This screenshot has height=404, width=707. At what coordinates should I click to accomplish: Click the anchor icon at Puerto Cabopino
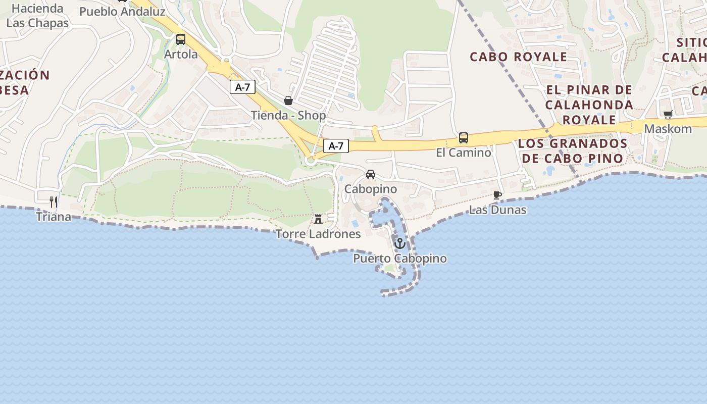pyautogui.click(x=399, y=243)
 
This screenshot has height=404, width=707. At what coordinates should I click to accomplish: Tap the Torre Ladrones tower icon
pyautogui.click(x=318, y=219)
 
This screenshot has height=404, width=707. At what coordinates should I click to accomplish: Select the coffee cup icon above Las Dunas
pyautogui.click(x=497, y=195)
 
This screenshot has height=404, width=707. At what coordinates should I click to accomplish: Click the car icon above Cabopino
pyautogui.click(x=371, y=174)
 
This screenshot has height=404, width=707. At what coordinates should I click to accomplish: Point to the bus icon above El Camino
pyautogui.click(x=463, y=137)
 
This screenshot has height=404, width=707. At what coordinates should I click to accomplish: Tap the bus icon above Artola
pyautogui.click(x=180, y=39)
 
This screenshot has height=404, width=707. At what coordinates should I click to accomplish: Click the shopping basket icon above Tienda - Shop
pyautogui.click(x=288, y=100)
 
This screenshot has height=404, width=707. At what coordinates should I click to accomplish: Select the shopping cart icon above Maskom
pyautogui.click(x=668, y=114)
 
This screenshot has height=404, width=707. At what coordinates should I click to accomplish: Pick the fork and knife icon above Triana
pyautogui.click(x=53, y=202)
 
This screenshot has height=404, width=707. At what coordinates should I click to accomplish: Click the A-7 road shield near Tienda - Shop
pyautogui.click(x=243, y=87)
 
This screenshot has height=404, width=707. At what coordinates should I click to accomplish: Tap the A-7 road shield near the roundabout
pyautogui.click(x=336, y=146)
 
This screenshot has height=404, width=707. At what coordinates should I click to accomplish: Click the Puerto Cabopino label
pyautogui.click(x=399, y=259)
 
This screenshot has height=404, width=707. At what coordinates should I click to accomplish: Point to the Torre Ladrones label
pyautogui.click(x=318, y=234)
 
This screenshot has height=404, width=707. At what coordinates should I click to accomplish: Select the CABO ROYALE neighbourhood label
pyautogui.click(x=519, y=57)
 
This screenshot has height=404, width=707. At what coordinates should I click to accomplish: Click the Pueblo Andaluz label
pyautogui.click(x=123, y=11)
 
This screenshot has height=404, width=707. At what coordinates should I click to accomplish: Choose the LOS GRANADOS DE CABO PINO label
pyautogui.click(x=573, y=150)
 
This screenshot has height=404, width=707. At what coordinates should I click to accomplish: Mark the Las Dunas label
pyautogui.click(x=497, y=210)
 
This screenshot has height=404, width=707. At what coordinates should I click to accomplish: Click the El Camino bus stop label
pyautogui.click(x=463, y=152)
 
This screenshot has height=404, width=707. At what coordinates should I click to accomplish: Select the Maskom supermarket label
pyautogui.click(x=668, y=129)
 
